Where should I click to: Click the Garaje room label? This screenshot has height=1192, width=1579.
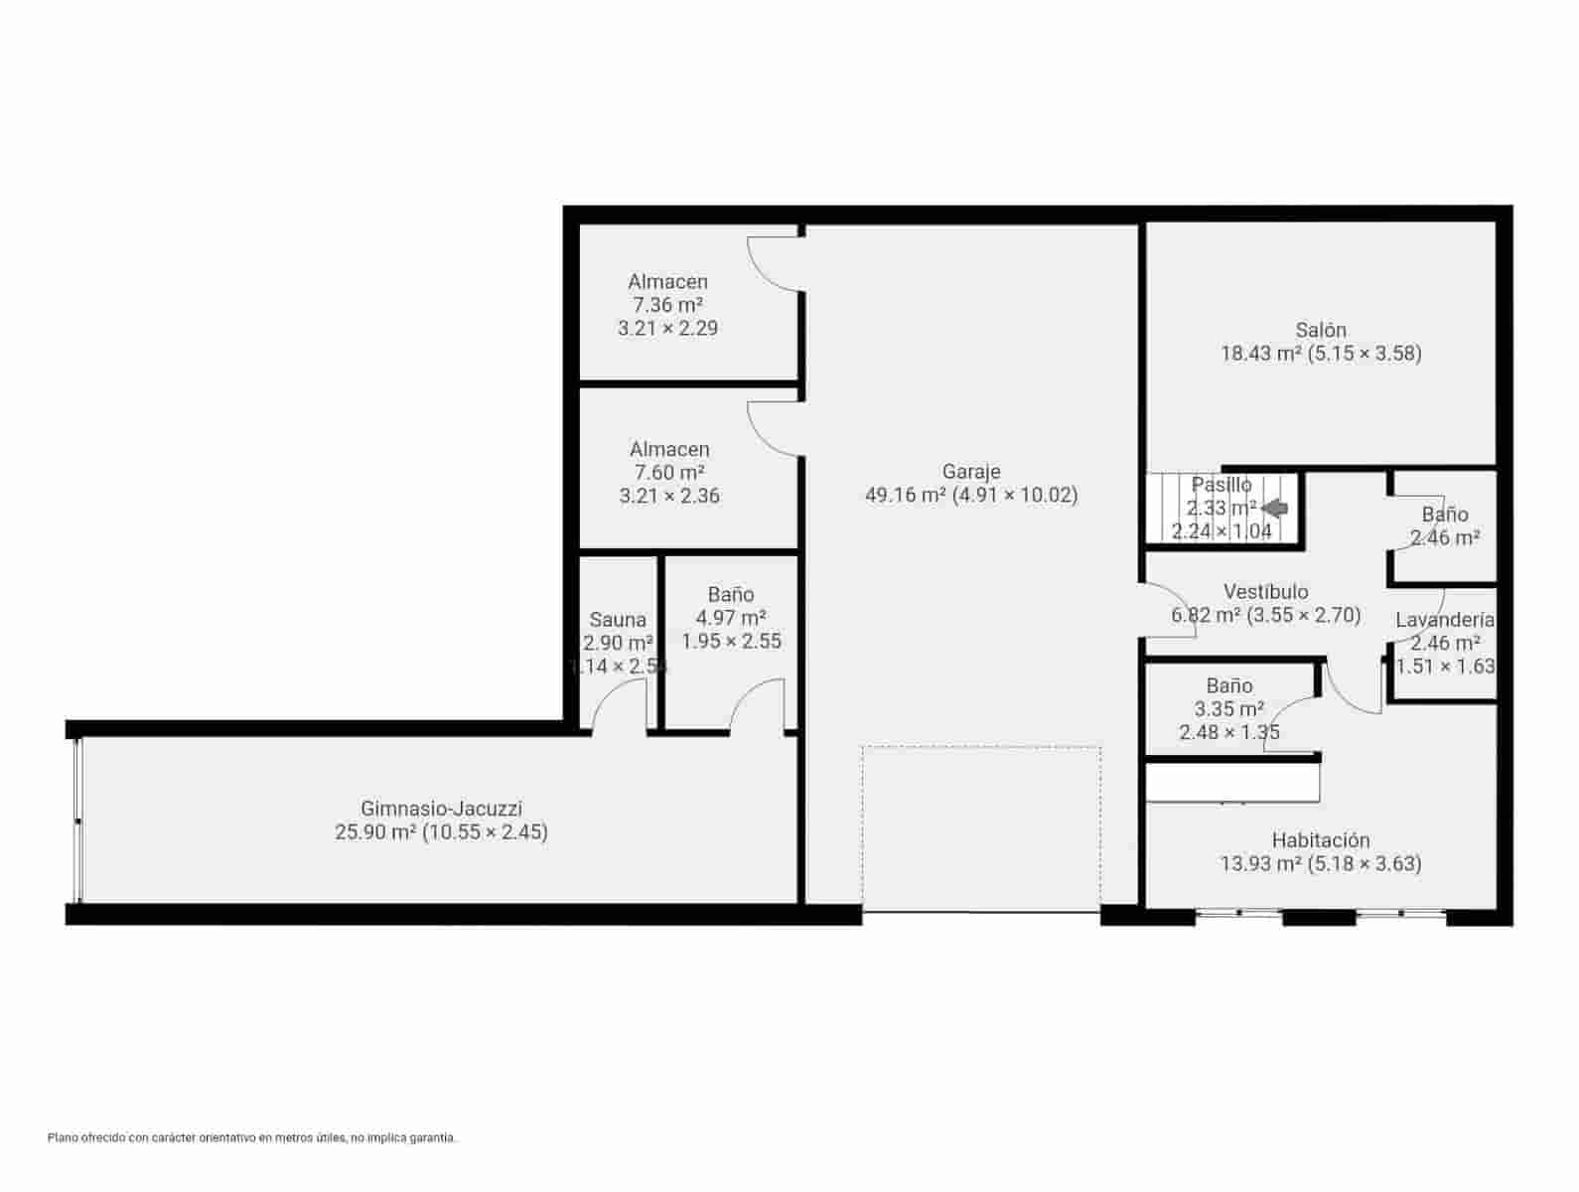[x=970, y=471]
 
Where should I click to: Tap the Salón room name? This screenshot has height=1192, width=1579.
[x=1320, y=330]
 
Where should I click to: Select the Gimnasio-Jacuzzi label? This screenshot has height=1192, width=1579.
[x=441, y=809]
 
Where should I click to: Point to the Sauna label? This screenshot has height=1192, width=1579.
[x=618, y=620]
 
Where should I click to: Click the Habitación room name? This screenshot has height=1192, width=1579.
[x=1320, y=840]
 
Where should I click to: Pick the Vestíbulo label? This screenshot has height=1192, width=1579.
[x=1265, y=592]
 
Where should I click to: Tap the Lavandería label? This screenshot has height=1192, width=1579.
[x=1444, y=620]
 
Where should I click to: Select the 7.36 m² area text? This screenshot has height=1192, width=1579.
[x=667, y=305]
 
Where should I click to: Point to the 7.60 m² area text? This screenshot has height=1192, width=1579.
[x=668, y=473]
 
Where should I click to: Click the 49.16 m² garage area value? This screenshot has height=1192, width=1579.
[x=905, y=495]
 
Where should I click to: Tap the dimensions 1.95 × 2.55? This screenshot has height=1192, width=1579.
[x=731, y=642]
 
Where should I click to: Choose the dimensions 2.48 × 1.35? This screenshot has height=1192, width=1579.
[x=1228, y=733]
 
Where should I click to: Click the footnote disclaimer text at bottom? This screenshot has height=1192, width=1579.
[x=251, y=1137]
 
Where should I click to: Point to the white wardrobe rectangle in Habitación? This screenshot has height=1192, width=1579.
[x=1232, y=782]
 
